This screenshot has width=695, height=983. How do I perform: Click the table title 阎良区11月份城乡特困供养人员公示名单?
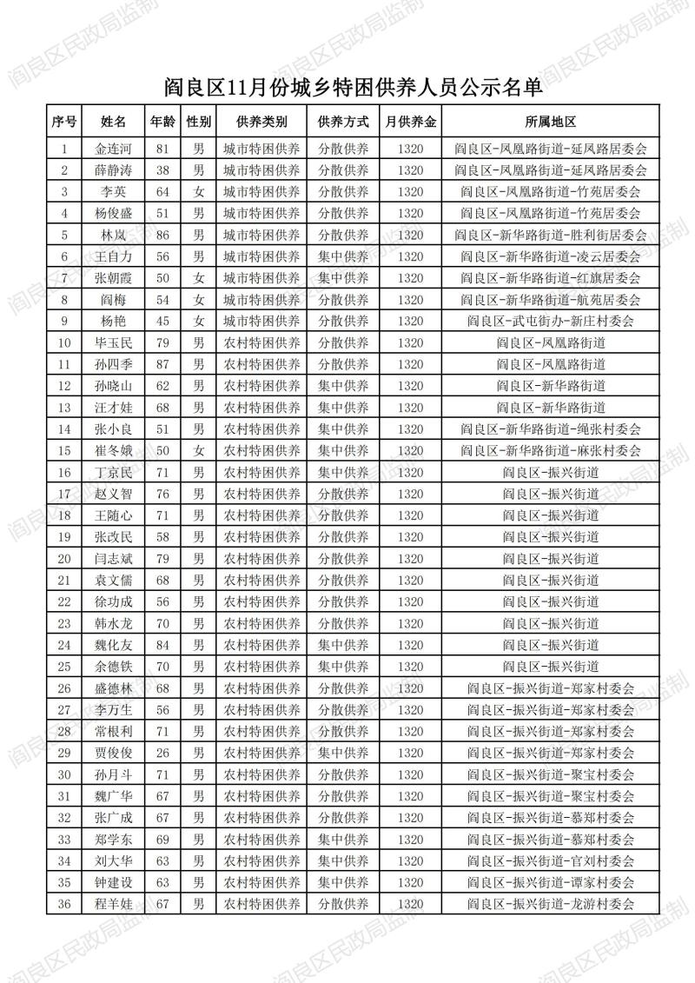347,89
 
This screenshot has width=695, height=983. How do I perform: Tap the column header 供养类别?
261,122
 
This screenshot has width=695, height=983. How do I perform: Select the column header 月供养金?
411,122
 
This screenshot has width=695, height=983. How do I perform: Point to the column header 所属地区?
551,122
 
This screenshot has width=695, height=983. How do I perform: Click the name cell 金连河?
113,149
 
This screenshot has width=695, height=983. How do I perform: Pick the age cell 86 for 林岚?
162,235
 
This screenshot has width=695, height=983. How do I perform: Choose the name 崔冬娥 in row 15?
113,450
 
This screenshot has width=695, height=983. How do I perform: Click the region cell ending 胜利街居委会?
551,235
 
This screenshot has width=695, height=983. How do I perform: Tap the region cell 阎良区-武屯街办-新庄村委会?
551,321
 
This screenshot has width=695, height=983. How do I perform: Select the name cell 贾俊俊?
113,752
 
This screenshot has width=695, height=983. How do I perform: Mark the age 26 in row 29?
162,752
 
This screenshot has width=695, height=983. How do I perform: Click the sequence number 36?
63,903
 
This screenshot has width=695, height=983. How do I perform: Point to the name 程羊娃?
113,903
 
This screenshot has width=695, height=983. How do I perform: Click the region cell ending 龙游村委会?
551,903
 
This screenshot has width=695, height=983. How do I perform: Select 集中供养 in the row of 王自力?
343,256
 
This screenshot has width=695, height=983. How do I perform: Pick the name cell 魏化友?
113,644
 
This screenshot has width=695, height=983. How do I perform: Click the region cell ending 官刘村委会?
551,860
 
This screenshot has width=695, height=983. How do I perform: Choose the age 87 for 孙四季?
162,364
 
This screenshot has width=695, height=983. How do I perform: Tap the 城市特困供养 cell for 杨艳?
261,321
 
